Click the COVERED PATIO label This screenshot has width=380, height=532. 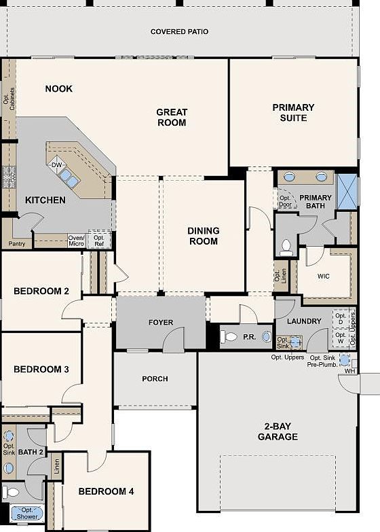point(179,31)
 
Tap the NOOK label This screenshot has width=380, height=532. point(59,88)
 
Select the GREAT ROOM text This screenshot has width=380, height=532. point(171,118)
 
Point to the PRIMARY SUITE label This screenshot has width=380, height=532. point(293,112)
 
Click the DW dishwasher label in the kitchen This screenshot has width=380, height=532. point(57,165)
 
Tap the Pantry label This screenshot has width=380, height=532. point(16,243)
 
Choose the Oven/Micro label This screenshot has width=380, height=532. point(76,241)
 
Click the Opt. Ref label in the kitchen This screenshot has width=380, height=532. point(99,241)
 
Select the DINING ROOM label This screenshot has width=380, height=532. point(203,236)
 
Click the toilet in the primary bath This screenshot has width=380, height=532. point(286,247)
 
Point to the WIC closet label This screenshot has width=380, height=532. point(324,277)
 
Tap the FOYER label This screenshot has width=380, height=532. point(160,322)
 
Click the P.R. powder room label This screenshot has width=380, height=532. point(249,336)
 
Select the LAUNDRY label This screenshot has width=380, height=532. point(303,321)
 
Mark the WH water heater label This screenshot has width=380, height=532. point(349,370)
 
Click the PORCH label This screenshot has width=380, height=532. point(155,378)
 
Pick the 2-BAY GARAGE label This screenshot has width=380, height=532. point(278,431)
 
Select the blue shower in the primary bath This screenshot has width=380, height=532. point(347,192)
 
